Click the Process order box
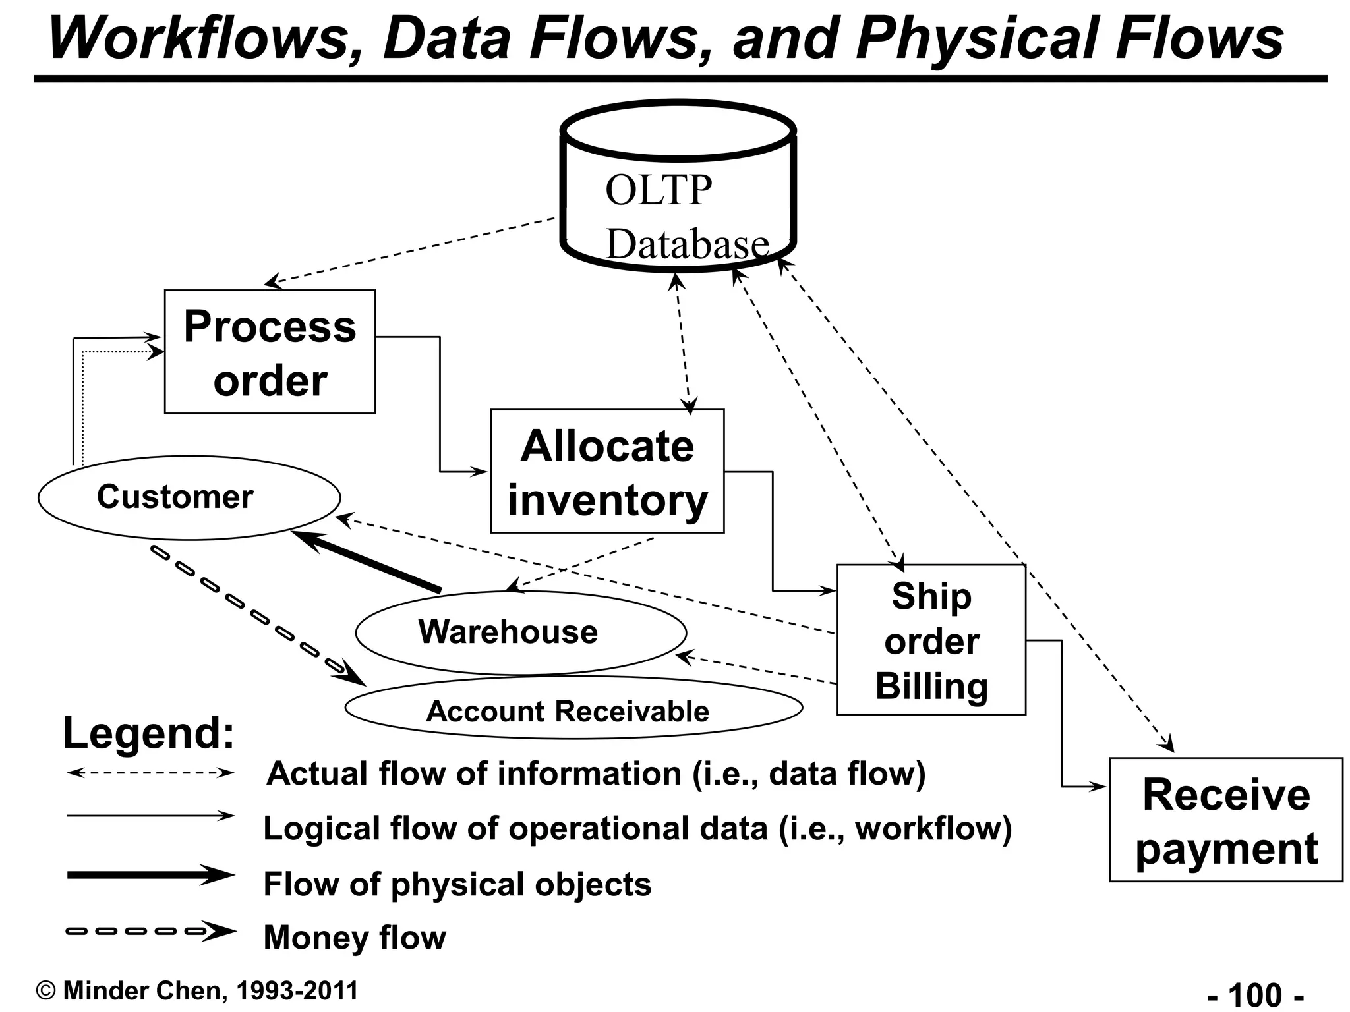click(270, 352)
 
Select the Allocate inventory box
click(607, 471)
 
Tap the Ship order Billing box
click(931, 640)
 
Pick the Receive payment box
click(1225, 820)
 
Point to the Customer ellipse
click(189, 497)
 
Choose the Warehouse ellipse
click(520, 632)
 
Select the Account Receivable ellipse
click(573, 708)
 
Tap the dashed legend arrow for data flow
click(150, 773)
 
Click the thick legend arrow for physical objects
click(150, 876)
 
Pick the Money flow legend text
click(355, 938)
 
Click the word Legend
click(148, 733)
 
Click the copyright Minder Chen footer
click(198, 991)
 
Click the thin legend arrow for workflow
click(150, 816)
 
